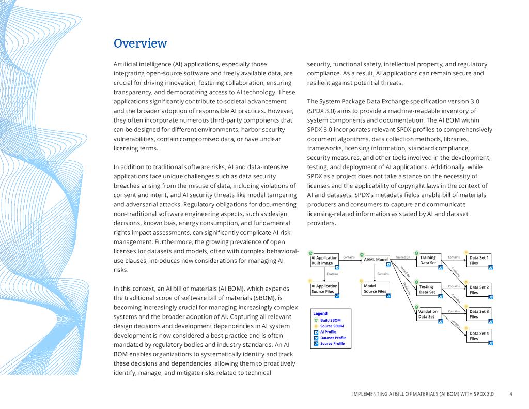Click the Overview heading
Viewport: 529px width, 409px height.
coord(140,43)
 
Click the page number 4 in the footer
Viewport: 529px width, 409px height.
coord(510,394)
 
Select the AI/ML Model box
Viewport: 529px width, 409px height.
coord(376,260)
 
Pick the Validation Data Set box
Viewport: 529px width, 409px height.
coord(428,314)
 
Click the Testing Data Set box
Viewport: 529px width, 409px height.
coord(427,289)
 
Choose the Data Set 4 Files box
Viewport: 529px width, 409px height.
coord(478,336)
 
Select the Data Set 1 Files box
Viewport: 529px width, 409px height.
coord(478,260)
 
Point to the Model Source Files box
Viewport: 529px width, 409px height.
coord(376,289)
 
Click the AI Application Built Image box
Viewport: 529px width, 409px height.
coord(324,260)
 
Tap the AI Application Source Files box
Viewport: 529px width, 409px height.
coord(324,289)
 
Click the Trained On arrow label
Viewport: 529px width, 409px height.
coord(402,256)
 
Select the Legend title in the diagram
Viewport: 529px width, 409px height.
coord(320,313)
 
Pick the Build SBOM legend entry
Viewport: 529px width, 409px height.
coord(330,320)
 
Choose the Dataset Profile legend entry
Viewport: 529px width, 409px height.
coord(333,338)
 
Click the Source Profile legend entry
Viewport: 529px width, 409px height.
coord(332,344)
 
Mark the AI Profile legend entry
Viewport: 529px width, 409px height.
coord(328,332)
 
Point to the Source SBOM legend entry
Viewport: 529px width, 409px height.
coord(332,326)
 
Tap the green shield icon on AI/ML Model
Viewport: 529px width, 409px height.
coord(362,254)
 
